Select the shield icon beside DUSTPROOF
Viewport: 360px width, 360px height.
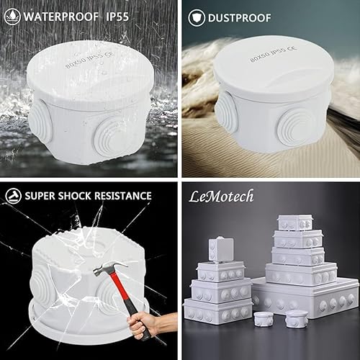pyautogui.click(x=195, y=14)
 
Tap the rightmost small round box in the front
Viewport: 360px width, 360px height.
pyautogui.click(x=296, y=318)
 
